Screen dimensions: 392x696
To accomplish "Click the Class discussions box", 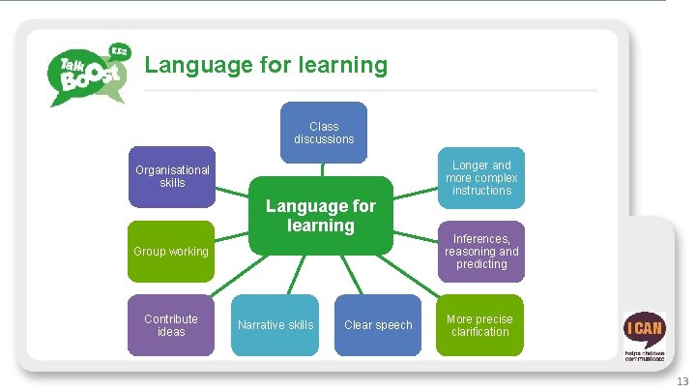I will click(324, 133).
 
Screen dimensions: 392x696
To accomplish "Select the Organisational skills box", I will click(172, 177).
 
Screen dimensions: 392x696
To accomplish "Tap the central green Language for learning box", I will click(321, 215).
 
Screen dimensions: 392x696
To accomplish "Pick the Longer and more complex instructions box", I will click(481, 178).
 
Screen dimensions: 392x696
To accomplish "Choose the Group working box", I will click(171, 252).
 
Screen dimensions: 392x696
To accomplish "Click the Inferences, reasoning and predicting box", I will click(481, 251).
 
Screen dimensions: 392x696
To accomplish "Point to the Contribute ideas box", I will click(171, 325).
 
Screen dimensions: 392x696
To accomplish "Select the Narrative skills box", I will click(275, 325).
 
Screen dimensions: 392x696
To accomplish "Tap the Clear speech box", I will click(378, 325).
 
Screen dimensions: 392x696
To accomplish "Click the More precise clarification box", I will click(480, 325).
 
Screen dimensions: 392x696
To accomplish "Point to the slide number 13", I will click(682, 381).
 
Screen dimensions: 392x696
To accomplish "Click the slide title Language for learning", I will click(266, 66).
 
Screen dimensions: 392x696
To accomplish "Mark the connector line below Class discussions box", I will click(323, 166).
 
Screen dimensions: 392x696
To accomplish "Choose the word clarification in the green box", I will click(480, 332).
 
